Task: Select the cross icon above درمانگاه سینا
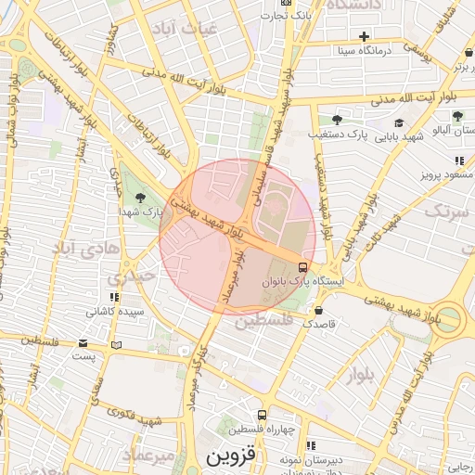coord(365,36)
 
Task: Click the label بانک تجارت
coord(315,17)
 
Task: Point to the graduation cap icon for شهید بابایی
coord(399,122)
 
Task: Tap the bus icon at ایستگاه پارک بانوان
coord(303,267)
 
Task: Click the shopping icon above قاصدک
coord(319,310)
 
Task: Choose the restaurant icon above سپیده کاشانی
coord(113,298)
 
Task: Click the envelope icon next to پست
coord(116,345)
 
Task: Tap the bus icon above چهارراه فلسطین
coord(263,415)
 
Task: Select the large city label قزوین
coord(230,457)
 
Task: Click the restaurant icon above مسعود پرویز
coord(460,160)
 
